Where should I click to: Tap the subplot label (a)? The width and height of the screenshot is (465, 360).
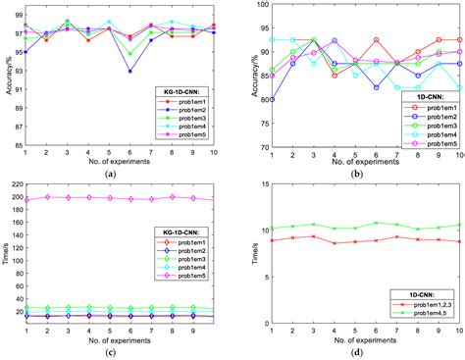(119, 174)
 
